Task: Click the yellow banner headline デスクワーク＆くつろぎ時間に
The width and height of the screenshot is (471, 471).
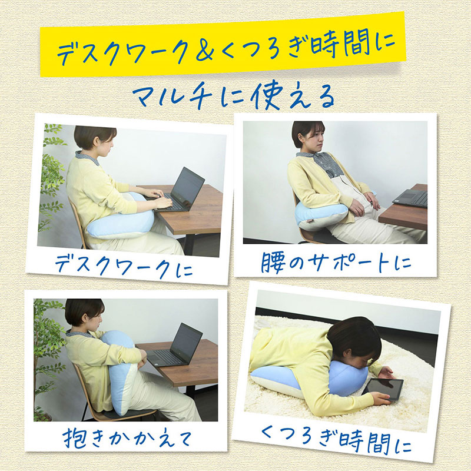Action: (x=226, y=47)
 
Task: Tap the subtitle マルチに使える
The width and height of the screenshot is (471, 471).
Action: (x=234, y=95)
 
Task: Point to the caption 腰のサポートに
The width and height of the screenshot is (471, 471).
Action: (x=336, y=262)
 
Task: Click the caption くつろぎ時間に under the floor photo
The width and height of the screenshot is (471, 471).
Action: (x=336, y=440)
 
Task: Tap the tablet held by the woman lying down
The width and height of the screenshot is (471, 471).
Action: (x=383, y=389)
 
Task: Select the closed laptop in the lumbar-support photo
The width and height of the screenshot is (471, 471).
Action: (x=410, y=198)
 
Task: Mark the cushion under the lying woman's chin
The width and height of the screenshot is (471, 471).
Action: (x=310, y=379)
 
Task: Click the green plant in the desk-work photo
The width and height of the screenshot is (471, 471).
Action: (x=52, y=177)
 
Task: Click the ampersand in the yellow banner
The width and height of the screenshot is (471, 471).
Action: (x=204, y=49)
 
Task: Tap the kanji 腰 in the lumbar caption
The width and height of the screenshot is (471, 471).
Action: (x=272, y=263)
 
